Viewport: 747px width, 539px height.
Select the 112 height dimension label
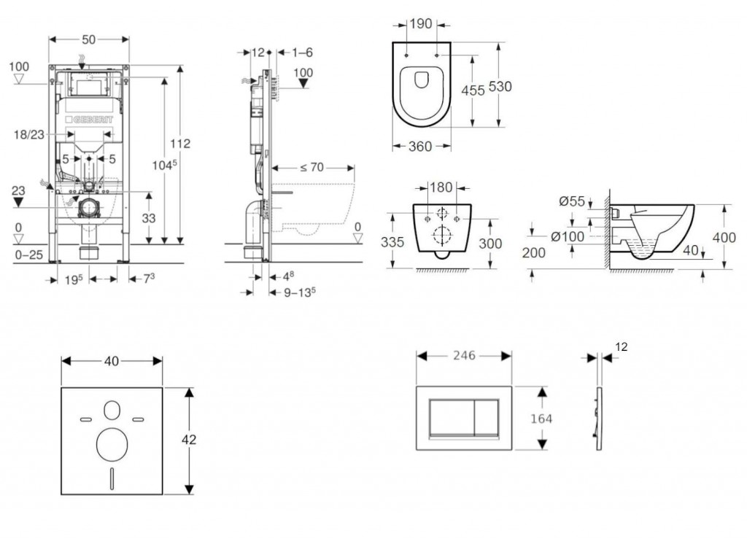(x=180, y=144)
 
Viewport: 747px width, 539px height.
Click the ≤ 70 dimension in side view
(x=311, y=167)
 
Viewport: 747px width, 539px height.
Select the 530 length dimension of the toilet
(x=500, y=86)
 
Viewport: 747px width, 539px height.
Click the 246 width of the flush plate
(x=463, y=355)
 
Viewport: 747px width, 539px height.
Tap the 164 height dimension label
(x=542, y=419)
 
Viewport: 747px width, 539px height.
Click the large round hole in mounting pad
(x=111, y=443)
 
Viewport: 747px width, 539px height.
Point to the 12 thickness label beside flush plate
(x=620, y=348)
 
